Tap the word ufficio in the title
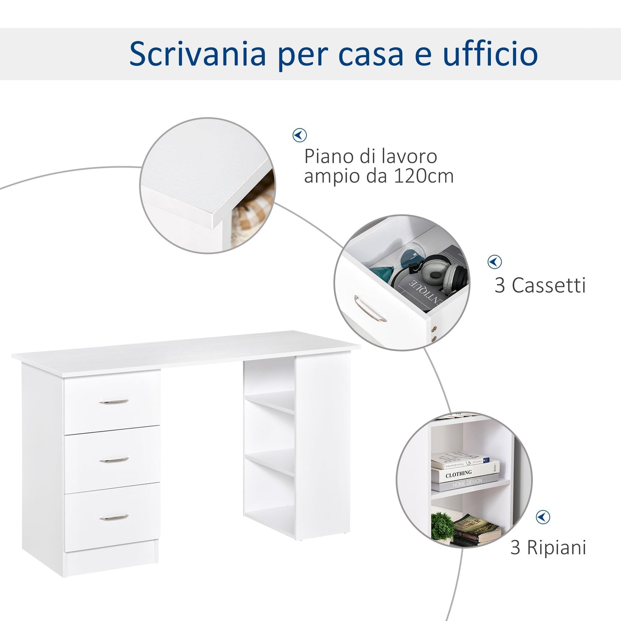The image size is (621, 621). point(490,54)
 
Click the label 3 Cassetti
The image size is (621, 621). point(540,285)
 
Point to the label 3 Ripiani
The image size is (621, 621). point(548,548)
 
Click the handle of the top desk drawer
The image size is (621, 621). point(114,402)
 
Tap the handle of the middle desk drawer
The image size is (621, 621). point(114,460)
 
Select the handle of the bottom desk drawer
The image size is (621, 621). point(114,517)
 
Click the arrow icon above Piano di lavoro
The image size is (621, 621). point(300,135)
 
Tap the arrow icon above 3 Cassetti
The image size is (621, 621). point(495,262)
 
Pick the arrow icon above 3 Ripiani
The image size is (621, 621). point(543,517)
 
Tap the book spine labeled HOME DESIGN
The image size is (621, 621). point(467,483)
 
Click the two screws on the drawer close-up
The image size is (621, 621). point(434,334)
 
